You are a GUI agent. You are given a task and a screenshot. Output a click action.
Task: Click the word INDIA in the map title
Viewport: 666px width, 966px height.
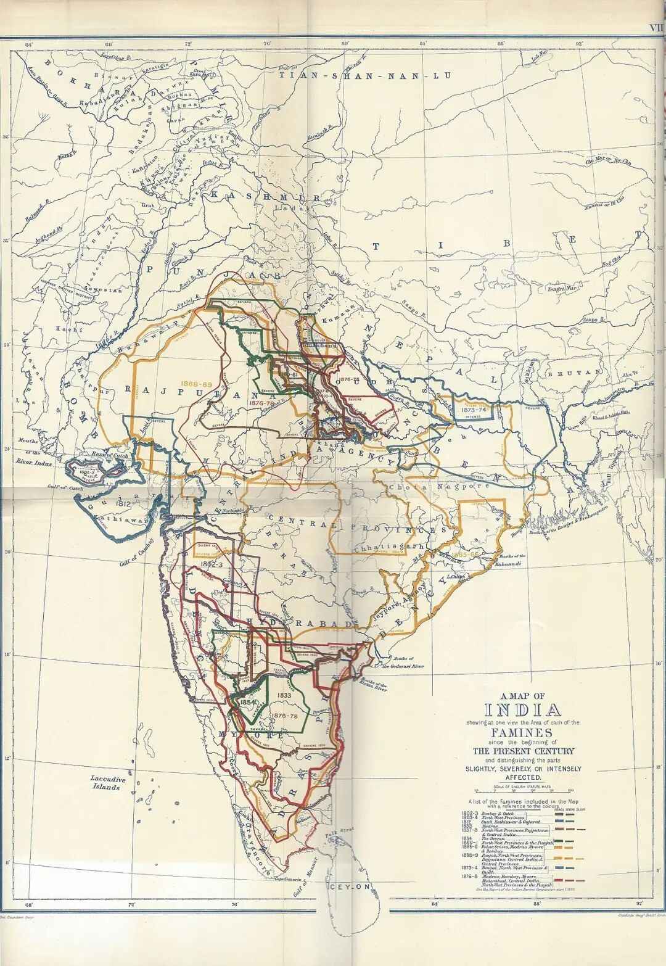(523, 710)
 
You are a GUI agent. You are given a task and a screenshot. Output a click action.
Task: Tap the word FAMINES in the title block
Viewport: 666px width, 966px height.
(523, 732)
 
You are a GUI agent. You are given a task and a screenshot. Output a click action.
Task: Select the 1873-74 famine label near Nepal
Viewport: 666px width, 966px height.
(474, 409)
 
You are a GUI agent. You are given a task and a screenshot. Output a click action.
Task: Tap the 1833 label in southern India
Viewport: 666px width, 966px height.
(284, 695)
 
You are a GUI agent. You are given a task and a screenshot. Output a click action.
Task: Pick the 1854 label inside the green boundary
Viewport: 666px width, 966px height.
(248, 702)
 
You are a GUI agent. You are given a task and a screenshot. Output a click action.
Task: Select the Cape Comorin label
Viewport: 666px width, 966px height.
(287, 879)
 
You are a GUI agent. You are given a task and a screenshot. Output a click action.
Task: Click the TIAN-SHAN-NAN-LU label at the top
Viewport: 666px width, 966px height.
(364, 76)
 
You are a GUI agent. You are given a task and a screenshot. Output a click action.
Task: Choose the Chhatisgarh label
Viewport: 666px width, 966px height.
(389, 547)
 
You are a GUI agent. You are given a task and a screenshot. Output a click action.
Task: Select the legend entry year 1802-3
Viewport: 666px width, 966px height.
(470, 814)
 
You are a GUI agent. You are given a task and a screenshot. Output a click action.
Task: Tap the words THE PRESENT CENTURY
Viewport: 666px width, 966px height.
(523, 751)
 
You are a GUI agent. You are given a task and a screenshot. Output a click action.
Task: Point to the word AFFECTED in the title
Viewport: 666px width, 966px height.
(523, 778)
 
